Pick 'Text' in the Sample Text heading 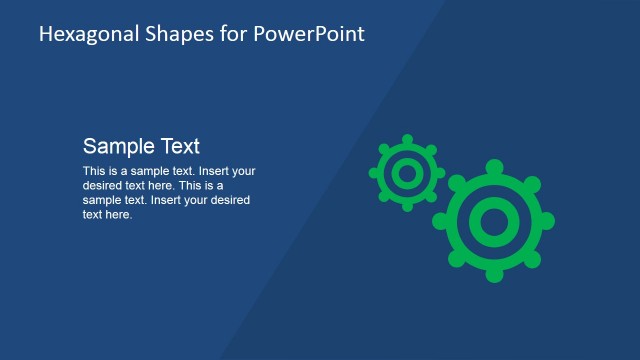coord(179,145)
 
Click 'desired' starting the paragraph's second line coord(103,185)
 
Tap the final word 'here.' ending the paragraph coord(119,214)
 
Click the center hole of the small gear coord(406,173)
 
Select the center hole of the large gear coord(493,220)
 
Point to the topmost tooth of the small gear coord(406,140)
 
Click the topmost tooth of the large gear coord(493,166)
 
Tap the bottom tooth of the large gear coord(493,275)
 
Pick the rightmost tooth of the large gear coord(547,220)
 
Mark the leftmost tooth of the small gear coord(374,173)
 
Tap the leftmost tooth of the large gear coord(439,220)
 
